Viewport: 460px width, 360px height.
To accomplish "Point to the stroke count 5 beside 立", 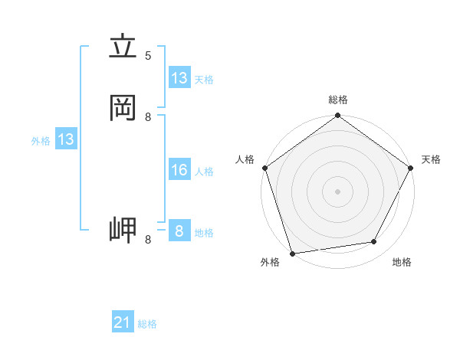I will [148, 55].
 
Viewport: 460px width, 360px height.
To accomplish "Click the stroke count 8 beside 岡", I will [148, 116].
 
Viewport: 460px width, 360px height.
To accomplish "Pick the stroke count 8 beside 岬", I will [148, 240].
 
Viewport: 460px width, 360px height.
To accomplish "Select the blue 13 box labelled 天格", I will [179, 78].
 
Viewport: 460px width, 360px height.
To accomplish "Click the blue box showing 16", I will [179, 170].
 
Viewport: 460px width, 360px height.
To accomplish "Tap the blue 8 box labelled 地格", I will [179, 231].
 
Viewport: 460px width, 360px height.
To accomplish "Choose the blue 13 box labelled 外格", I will [66, 139].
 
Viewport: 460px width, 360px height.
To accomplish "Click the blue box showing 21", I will [123, 322].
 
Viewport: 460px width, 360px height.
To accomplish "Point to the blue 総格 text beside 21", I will [147, 324].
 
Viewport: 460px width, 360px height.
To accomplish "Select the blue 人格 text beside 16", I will [204, 172].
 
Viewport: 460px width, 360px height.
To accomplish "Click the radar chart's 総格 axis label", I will [338, 100].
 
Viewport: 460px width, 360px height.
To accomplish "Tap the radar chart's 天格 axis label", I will [431, 159].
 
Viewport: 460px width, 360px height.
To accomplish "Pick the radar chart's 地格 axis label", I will [402, 262].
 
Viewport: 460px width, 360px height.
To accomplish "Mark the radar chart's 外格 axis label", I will [270, 262].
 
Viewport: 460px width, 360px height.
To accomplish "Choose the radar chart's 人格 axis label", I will [245, 159].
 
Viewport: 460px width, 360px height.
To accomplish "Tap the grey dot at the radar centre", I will [337, 191].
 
